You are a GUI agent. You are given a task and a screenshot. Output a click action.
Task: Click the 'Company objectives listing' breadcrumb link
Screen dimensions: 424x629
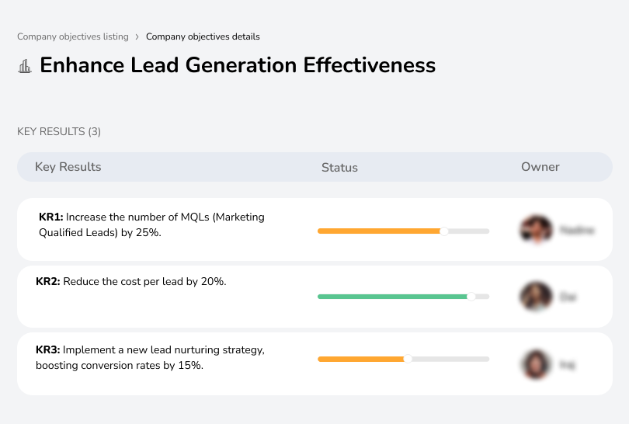(x=72, y=36)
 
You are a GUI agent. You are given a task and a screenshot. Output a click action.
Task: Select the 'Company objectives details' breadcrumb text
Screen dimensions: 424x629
(x=203, y=36)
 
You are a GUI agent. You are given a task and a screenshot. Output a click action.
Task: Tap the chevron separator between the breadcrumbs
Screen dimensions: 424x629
(x=137, y=36)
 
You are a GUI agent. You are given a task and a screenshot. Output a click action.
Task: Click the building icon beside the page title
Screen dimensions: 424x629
(x=25, y=66)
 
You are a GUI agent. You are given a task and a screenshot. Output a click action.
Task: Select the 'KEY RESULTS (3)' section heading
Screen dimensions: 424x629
(x=59, y=132)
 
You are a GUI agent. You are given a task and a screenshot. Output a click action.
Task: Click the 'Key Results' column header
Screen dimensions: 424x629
(x=68, y=167)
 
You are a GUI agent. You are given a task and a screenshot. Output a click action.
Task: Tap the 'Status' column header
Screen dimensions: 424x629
(x=339, y=167)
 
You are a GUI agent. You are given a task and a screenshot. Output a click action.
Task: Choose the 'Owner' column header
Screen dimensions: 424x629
(x=540, y=167)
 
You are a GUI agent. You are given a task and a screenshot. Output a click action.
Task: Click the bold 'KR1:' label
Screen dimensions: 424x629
(x=50, y=217)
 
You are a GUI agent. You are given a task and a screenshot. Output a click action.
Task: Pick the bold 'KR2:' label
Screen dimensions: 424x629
(x=48, y=282)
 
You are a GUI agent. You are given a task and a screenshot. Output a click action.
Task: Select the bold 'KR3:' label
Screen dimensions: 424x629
(x=48, y=350)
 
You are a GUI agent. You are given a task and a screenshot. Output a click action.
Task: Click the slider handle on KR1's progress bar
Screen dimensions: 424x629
(x=444, y=231)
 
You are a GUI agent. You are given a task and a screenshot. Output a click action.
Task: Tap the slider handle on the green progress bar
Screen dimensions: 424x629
(x=471, y=296)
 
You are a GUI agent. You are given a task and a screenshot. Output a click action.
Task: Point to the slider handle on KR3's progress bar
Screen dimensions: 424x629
(x=407, y=359)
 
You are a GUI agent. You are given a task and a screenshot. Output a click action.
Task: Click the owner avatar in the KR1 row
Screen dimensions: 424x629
(x=535, y=230)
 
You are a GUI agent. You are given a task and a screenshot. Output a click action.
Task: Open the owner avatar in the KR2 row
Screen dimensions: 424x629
(x=535, y=296)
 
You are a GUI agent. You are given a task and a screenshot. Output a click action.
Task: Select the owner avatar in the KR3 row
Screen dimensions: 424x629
(x=535, y=363)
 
